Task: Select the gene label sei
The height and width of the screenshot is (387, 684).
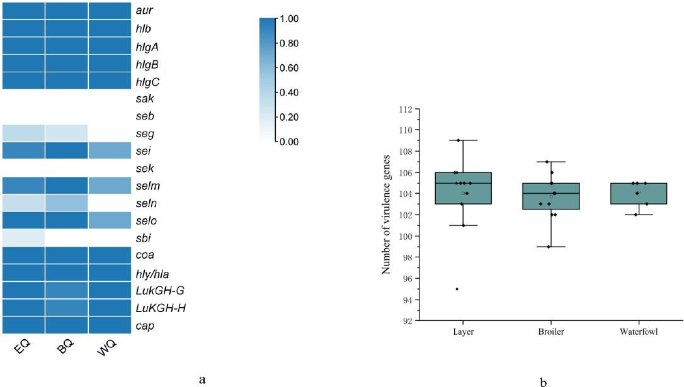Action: [143, 151]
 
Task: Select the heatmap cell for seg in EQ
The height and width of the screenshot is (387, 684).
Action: [22, 133]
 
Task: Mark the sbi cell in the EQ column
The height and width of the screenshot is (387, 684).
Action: [22, 238]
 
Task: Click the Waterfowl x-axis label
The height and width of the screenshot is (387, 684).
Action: [639, 331]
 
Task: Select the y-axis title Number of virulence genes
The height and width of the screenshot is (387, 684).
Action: [387, 215]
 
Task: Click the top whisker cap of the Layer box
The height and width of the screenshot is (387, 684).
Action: [463, 140]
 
